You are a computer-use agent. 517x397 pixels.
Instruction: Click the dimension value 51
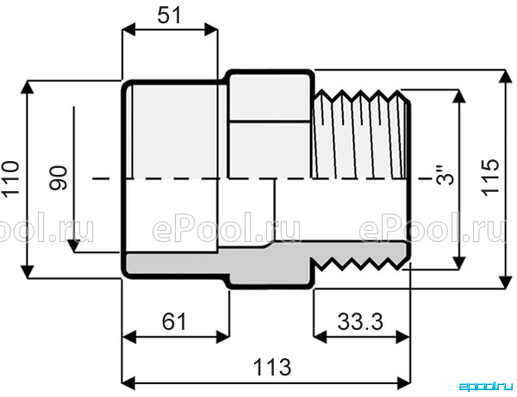point(170,16)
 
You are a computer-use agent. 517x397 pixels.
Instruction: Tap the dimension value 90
point(58,178)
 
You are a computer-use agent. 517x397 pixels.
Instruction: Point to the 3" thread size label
point(445,175)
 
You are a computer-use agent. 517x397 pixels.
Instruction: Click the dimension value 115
point(490,178)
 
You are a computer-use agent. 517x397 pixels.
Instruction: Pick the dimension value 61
point(174,322)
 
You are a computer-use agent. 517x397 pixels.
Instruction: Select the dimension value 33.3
point(360,322)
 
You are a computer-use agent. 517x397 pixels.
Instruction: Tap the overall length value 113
point(272,368)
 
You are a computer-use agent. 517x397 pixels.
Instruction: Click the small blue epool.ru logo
point(487,386)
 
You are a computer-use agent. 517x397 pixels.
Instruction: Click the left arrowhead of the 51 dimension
point(128,29)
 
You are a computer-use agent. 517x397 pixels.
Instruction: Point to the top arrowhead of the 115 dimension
point(504,77)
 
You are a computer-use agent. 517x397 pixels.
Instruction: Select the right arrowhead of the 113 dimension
point(404,383)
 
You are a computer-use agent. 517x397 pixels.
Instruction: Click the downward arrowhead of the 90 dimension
point(74,245)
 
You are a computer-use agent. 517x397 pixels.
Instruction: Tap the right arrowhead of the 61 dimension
point(222,337)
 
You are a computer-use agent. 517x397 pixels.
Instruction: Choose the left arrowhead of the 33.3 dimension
point(320,337)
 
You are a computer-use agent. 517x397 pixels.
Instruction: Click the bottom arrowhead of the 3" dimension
point(458,263)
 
